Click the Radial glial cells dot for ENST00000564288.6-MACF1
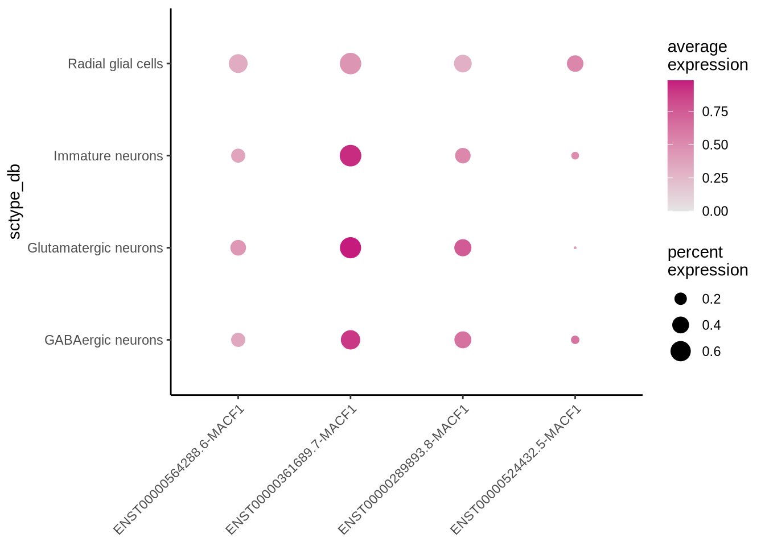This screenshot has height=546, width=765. (x=238, y=64)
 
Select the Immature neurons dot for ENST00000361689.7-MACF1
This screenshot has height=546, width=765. (x=350, y=156)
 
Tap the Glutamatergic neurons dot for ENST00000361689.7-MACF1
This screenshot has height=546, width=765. (x=350, y=248)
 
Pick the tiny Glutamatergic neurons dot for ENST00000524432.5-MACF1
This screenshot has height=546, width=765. (x=575, y=248)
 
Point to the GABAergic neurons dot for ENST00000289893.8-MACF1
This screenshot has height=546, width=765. (x=463, y=340)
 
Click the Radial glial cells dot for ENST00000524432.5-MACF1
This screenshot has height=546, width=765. (x=575, y=64)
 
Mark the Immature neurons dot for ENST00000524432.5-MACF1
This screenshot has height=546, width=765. (x=575, y=156)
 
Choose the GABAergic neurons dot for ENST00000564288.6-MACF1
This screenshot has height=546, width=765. (x=238, y=340)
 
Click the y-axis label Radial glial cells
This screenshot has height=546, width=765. (x=115, y=64)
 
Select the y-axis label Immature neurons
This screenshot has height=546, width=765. (x=108, y=156)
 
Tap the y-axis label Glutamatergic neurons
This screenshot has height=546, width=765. (x=95, y=248)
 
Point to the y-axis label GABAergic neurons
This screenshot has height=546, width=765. (x=104, y=340)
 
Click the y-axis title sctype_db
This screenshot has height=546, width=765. (x=15, y=201)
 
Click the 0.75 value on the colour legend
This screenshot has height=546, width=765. (x=715, y=111)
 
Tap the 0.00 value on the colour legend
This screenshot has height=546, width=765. (x=715, y=211)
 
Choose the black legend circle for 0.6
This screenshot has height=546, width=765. (x=680, y=351)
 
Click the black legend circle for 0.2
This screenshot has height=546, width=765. (x=680, y=299)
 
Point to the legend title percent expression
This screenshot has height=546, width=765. (x=707, y=261)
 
